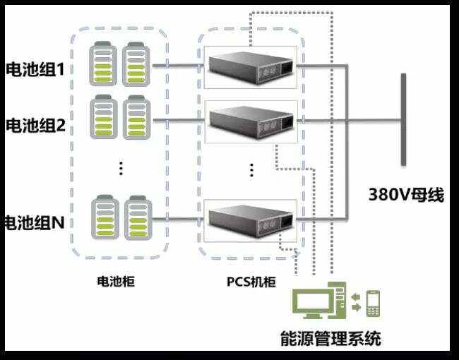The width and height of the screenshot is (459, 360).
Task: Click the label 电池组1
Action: pyautogui.click(x=35, y=70)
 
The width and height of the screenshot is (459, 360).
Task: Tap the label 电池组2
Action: pyautogui.click(x=35, y=126)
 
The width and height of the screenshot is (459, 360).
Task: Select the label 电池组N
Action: pyautogui.click(x=34, y=223)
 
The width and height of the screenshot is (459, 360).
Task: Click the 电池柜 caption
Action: pyautogui.click(x=115, y=282)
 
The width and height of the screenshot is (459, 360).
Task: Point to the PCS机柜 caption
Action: pyautogui.click(x=251, y=282)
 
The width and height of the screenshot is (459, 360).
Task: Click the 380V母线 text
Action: pyautogui.click(x=406, y=194)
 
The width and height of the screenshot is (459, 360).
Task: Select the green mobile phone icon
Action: pyautogui.click(x=374, y=304)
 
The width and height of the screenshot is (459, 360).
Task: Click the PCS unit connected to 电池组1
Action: pyautogui.click(x=251, y=66)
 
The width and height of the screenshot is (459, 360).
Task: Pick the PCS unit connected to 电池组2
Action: pyautogui.click(x=251, y=121)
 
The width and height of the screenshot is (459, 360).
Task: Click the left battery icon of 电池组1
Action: pyautogui.click(x=103, y=64)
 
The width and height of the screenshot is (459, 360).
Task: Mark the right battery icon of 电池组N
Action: pyautogui.click(x=136, y=219)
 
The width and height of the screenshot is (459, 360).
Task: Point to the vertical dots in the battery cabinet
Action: pyautogui.click(x=121, y=168)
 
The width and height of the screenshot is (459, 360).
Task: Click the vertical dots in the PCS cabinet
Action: pyautogui.click(x=251, y=169)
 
